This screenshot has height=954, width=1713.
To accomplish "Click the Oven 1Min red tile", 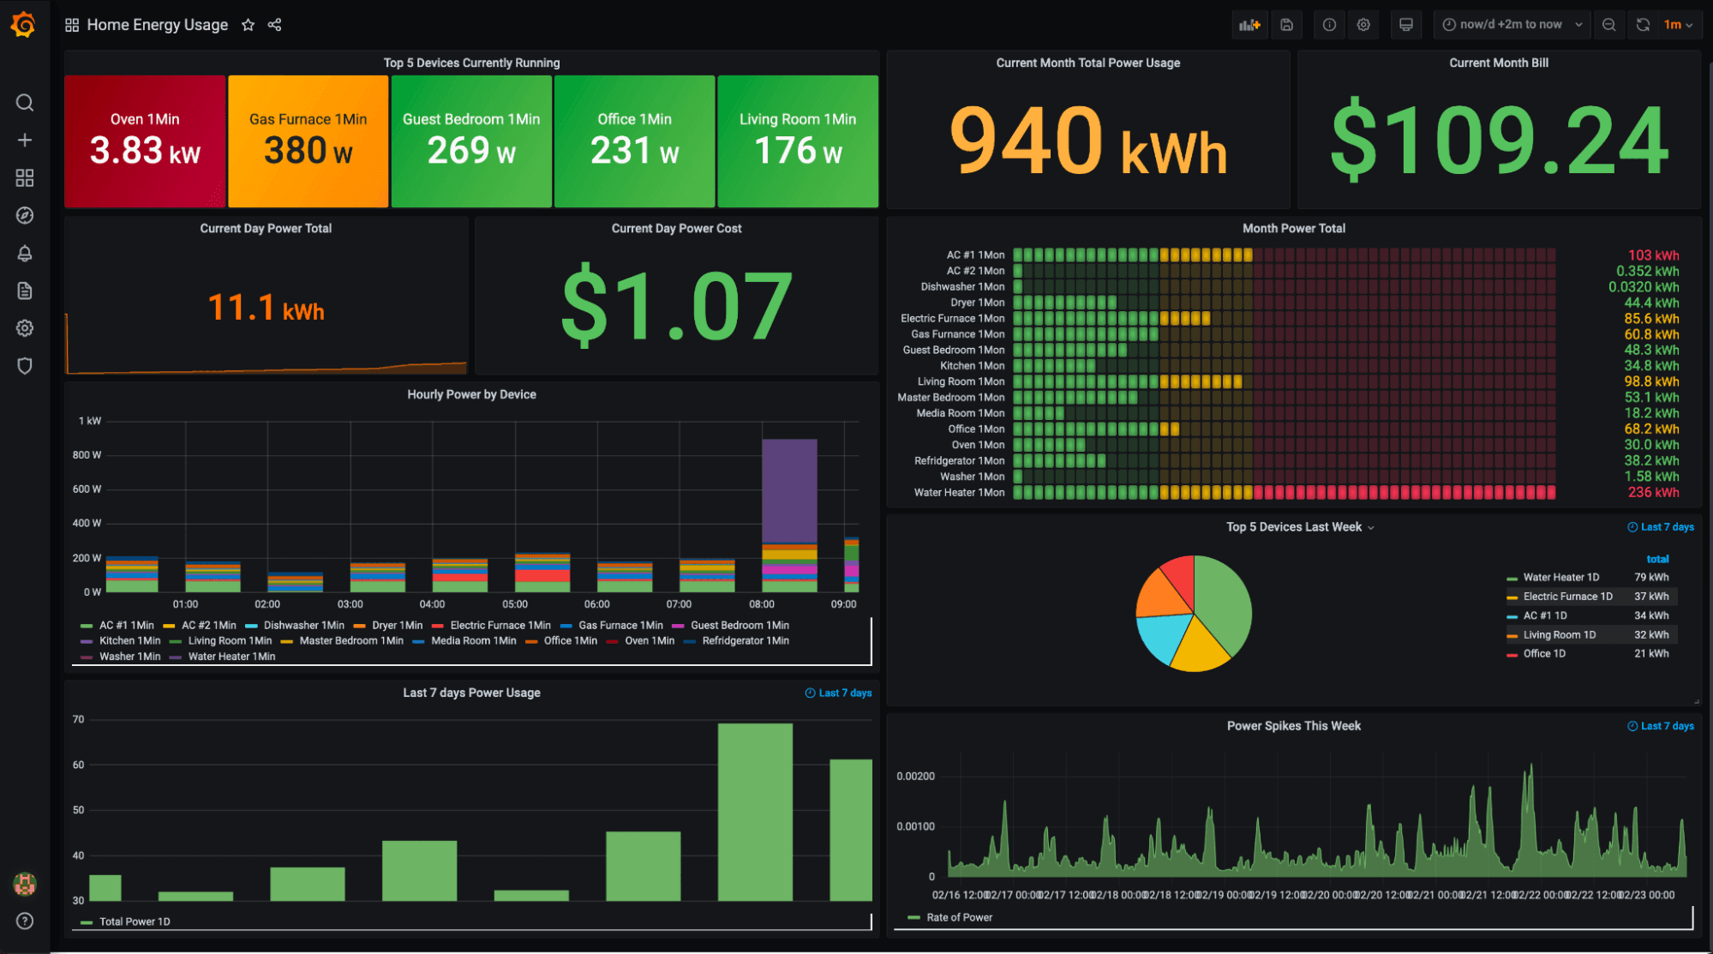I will pos(145,141).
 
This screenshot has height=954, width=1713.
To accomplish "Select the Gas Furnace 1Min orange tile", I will pos(308,141).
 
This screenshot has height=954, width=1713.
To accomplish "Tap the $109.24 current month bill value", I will pos(1499,141).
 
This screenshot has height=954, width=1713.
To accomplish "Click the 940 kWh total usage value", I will pos(1087,141).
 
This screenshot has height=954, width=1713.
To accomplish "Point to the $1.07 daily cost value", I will pos(676,305).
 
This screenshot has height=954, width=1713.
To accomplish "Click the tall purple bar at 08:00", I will pos(789,490).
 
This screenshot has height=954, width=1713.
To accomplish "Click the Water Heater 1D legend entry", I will pos(1560,578).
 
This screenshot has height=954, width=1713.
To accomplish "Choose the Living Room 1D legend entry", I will pos(1559,635).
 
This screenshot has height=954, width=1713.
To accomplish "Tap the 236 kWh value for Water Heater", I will pos(1653,493).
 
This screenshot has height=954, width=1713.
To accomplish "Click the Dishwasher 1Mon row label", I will pos(962,287).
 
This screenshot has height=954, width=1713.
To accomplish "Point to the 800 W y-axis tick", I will pos(87,455).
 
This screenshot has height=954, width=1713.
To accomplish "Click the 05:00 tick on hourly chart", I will pos(514,604).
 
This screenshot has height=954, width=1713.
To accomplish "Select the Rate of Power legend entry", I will pos(959,917).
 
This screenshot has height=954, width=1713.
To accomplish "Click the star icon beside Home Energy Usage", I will pos(249,25).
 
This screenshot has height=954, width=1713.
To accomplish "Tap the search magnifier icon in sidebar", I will pos(25,103).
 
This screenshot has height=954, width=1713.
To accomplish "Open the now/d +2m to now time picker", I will pos(1512,25).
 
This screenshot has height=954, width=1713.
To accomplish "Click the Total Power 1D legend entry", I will pos(134,921).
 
